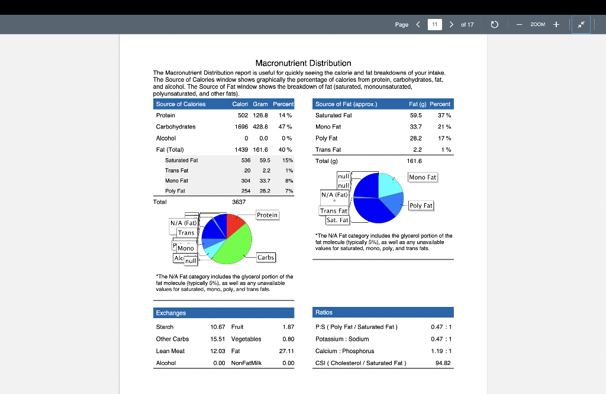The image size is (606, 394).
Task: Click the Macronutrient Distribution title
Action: point(303,63)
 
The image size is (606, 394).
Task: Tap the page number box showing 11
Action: point(434,24)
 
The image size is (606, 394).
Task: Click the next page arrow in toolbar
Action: point(452,24)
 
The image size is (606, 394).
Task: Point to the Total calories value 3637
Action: point(238,202)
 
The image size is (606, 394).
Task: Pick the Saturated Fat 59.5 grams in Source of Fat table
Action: point(415,115)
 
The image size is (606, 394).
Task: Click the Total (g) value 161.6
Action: point(414,161)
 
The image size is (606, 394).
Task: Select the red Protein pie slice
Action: point(234,224)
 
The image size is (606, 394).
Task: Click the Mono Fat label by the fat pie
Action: point(423,177)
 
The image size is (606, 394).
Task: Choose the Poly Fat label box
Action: point(421,206)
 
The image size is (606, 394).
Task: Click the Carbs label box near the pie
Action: point(266,257)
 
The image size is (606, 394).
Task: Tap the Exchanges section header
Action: point(170,312)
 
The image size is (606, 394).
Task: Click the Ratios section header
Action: point(324,312)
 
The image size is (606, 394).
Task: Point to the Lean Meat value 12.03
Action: point(218,351)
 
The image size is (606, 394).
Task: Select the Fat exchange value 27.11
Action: point(286,351)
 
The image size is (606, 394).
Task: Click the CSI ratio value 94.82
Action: point(443,363)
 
